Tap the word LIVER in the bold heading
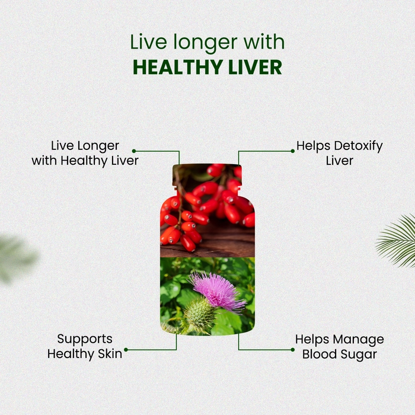click(x=255, y=67)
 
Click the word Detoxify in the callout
click(x=358, y=146)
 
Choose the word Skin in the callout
click(x=110, y=353)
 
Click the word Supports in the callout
click(x=85, y=339)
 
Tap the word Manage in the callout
click(x=359, y=340)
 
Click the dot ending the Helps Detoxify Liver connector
click(x=292, y=151)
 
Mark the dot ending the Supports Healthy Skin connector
click(x=126, y=350)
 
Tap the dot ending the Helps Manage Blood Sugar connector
click(x=292, y=350)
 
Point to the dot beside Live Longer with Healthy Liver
click(x=134, y=151)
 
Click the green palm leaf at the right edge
click(x=397, y=240)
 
